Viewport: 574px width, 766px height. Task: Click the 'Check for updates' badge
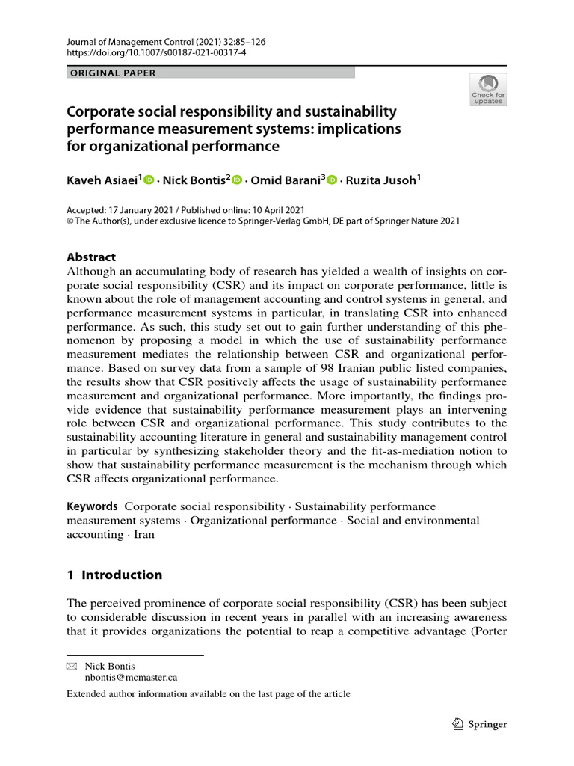488,89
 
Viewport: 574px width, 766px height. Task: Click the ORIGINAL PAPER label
112,73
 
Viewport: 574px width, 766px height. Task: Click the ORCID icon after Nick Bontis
238,180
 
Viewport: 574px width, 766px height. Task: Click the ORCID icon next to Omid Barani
332,180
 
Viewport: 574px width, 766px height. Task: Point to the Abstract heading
92,257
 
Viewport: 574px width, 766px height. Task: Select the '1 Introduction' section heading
114,574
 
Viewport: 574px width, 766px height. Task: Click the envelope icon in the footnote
72,666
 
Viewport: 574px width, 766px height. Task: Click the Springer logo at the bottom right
480,724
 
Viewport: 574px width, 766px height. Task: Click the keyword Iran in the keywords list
143,535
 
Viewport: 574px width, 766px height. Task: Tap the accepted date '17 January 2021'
143,210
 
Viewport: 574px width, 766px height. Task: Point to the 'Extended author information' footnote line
209,693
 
